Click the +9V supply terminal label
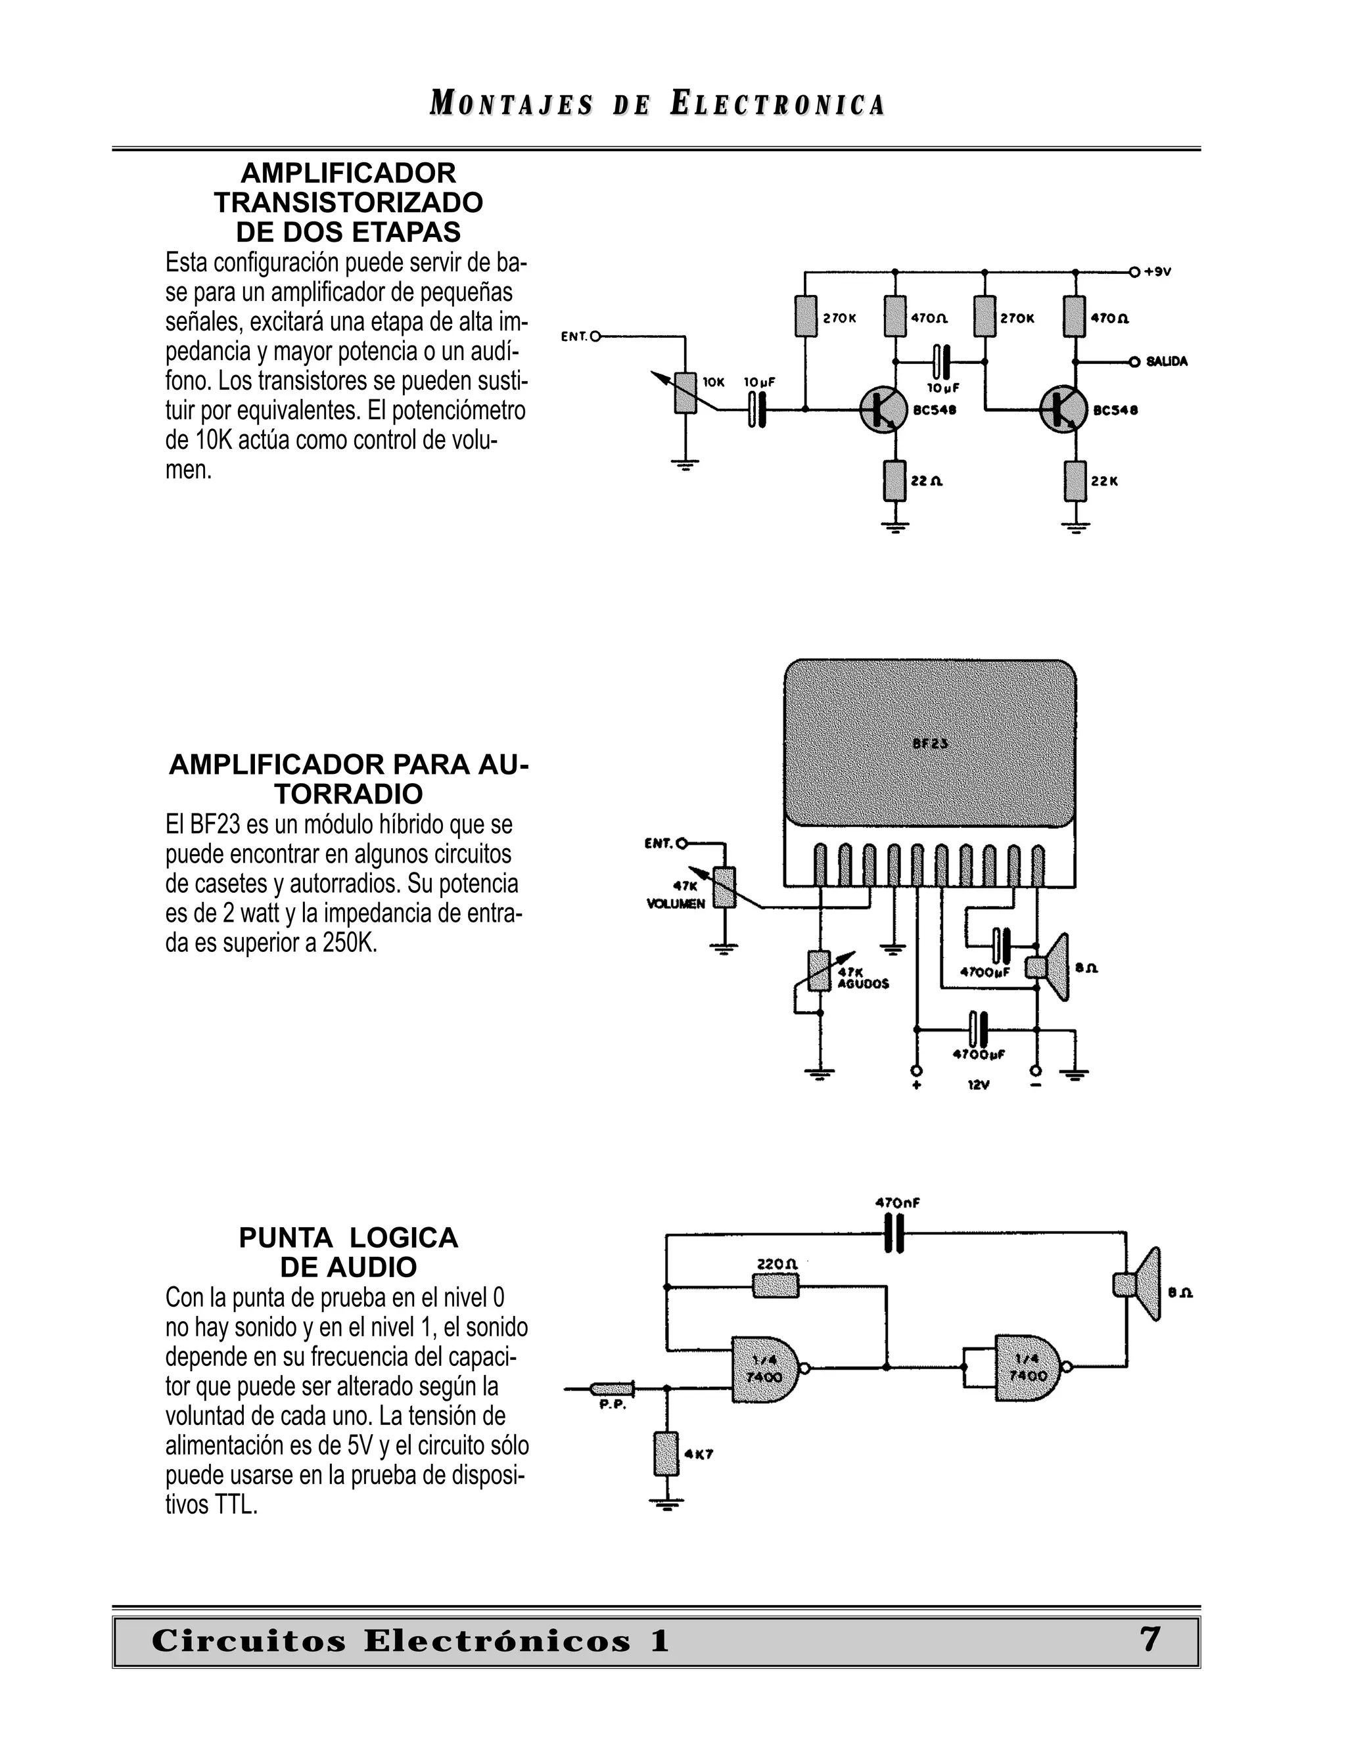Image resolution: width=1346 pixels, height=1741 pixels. (1158, 272)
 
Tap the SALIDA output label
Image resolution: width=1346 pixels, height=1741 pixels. (1167, 361)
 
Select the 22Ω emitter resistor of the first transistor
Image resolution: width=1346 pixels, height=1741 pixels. (896, 481)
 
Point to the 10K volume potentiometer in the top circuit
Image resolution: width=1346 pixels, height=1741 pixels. (685, 392)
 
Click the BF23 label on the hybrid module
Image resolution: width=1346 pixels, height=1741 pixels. (930, 743)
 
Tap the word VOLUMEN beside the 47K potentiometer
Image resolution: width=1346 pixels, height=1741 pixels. (676, 904)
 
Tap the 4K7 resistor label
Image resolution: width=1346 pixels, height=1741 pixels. (699, 1454)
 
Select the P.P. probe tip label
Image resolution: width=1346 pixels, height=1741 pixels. (613, 1405)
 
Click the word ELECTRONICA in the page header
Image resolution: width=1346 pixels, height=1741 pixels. (777, 104)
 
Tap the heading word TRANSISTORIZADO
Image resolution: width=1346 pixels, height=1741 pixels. (348, 202)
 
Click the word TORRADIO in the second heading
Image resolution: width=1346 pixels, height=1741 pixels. (348, 794)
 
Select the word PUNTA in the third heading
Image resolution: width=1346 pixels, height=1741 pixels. (285, 1237)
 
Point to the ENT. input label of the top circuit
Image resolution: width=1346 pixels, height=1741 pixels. (574, 336)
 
